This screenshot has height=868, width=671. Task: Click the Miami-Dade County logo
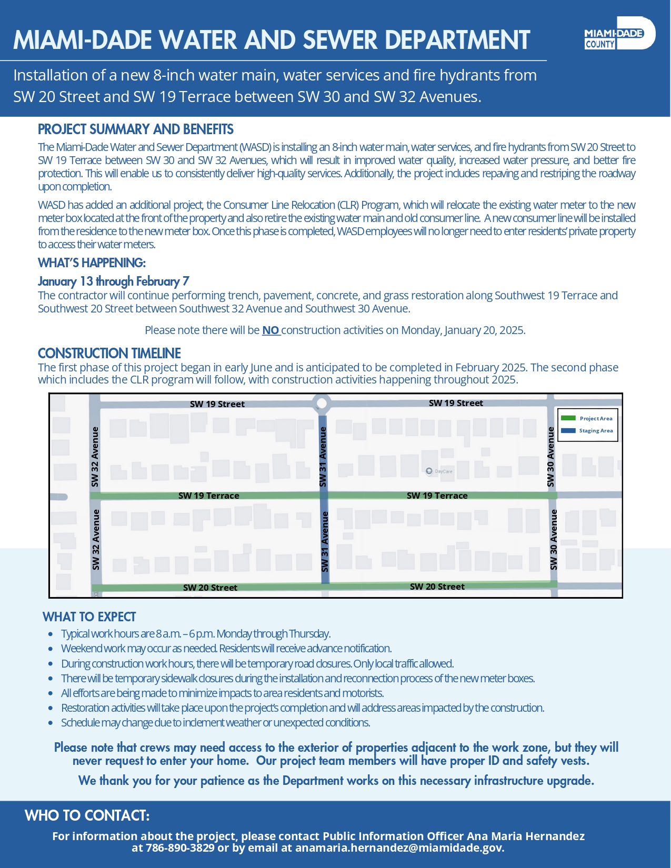619,34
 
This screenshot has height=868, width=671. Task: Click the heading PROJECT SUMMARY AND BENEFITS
136,129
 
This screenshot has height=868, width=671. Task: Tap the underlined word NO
271,330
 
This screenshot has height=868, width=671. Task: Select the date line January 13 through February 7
114,281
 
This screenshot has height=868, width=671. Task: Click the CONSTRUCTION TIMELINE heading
109,354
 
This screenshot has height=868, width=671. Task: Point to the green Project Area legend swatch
568,418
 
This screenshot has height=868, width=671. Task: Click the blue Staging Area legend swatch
568,430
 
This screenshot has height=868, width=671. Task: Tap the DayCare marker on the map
429,471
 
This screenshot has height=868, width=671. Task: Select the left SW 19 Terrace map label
208,496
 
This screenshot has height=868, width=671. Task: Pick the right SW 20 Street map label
437,587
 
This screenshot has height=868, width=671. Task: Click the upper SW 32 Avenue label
95,457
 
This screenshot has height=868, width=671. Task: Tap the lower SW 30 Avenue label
554,539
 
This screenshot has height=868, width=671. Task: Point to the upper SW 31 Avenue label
323,457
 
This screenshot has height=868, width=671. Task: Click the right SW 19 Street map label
456,403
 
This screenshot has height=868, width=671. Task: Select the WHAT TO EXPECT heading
89,617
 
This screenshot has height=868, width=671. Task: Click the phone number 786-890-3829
180,848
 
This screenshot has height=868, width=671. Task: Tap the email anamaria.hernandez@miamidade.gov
399,848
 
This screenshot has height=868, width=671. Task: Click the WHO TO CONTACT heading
87,816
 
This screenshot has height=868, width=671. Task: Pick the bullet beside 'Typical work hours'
51,634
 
